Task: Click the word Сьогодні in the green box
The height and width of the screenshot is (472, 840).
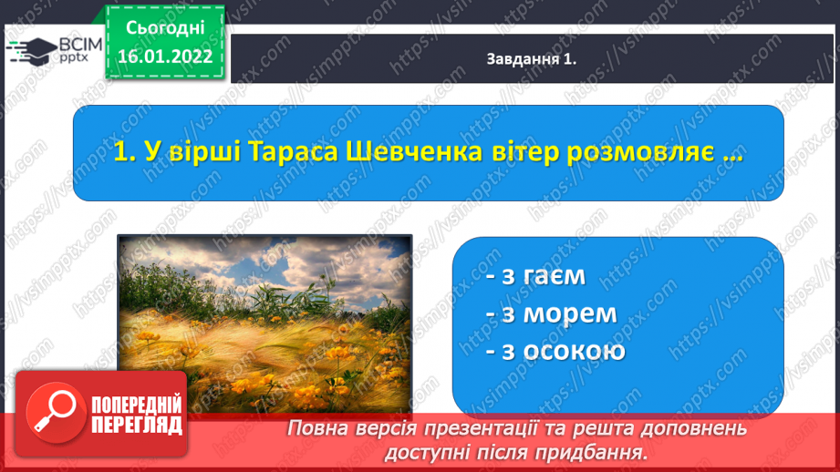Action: point(165,28)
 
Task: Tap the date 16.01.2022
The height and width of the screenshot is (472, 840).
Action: point(165,56)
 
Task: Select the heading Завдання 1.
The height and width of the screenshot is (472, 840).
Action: point(531,59)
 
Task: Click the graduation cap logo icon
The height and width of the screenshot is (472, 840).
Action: point(32,50)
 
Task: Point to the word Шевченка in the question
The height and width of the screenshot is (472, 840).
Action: point(415,152)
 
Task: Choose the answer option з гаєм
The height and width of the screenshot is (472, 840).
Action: point(535,276)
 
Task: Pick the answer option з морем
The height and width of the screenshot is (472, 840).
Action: point(551,313)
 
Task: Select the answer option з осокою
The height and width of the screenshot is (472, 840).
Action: point(555,351)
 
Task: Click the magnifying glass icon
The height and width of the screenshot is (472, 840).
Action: point(56,413)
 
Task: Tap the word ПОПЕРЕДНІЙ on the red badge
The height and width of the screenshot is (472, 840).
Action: point(137,405)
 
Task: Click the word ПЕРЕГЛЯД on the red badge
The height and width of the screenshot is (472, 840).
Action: point(137,425)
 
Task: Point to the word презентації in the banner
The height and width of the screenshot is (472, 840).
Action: point(480,428)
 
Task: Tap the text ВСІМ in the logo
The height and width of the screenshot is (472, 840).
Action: point(80,45)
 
